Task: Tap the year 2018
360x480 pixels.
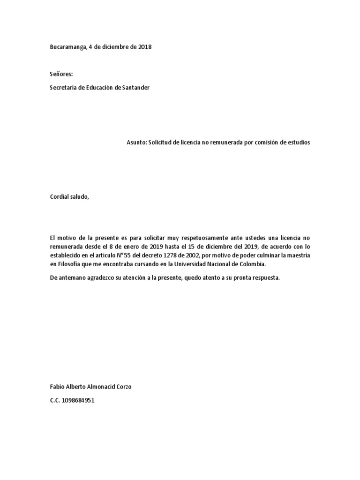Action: click(x=145, y=47)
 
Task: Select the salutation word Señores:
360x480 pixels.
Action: click(x=61, y=74)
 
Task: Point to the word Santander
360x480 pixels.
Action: click(x=136, y=88)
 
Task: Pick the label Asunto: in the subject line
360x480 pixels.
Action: click(x=136, y=142)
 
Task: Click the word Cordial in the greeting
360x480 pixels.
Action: click(x=60, y=197)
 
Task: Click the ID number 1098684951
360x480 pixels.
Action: click(x=78, y=401)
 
